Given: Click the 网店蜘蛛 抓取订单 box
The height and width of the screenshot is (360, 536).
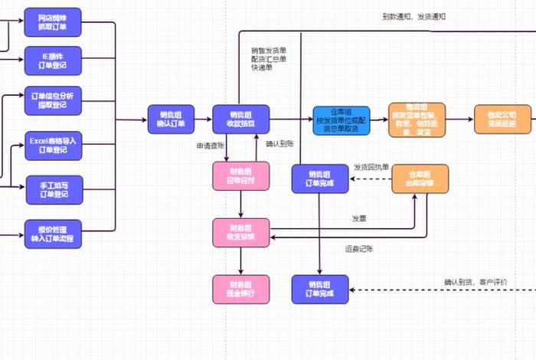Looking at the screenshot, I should click(x=53, y=21).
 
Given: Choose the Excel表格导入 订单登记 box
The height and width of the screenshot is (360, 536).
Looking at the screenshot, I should click(x=53, y=146).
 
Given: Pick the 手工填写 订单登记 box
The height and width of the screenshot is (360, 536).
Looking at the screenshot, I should click(x=53, y=188).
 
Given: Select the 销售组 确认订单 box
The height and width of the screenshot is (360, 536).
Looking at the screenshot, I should click(x=172, y=119).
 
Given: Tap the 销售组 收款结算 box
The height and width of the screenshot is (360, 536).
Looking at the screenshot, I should click(x=241, y=119).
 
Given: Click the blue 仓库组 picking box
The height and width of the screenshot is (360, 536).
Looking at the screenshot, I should click(x=341, y=120).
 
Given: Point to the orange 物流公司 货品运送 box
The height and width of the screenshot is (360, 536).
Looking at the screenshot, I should click(x=502, y=119).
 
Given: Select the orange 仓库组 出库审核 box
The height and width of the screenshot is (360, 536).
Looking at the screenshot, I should click(x=420, y=178).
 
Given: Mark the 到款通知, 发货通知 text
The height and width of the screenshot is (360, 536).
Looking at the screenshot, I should click(x=413, y=16).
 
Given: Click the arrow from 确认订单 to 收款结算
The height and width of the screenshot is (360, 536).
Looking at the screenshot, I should click(x=204, y=120).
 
